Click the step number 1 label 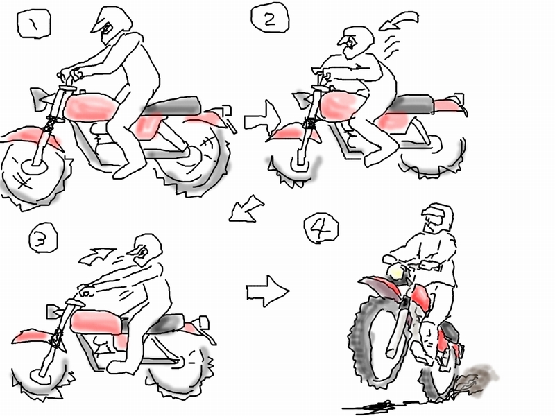pos(34,24)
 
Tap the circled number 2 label pos(270,18)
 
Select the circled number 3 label pos(43,238)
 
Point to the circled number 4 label pos(321,228)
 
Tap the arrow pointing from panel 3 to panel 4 pos(267,291)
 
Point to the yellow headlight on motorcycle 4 pos(395,273)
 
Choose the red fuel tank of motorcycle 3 pos(96,322)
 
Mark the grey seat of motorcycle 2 pos(412,103)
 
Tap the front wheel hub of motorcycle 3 pos(40,375)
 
